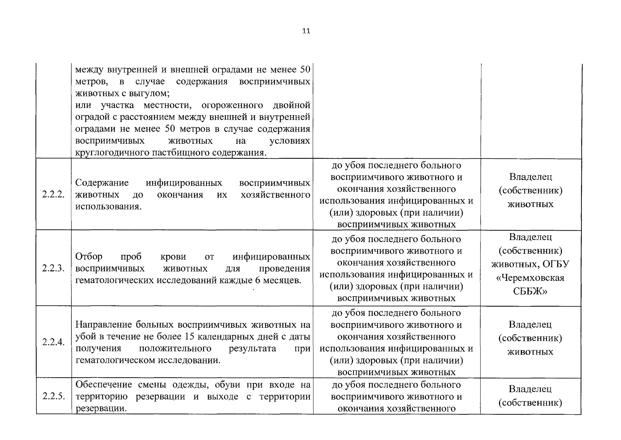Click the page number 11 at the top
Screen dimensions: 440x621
click(x=306, y=31)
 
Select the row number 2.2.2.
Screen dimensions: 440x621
click(x=54, y=194)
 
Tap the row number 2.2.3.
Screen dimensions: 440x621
click(x=54, y=268)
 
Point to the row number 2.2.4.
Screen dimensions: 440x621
click(x=54, y=342)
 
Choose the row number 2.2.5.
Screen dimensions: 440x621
click(x=54, y=396)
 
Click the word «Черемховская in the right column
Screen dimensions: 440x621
click(x=530, y=278)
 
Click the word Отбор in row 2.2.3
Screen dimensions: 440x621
click(x=89, y=257)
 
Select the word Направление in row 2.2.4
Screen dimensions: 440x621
click(x=104, y=325)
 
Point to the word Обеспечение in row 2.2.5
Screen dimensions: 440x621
click(x=103, y=385)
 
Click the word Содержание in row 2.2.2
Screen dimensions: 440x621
click(x=102, y=183)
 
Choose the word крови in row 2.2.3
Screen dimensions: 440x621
click(x=173, y=257)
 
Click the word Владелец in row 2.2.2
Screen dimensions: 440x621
click(x=530, y=177)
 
